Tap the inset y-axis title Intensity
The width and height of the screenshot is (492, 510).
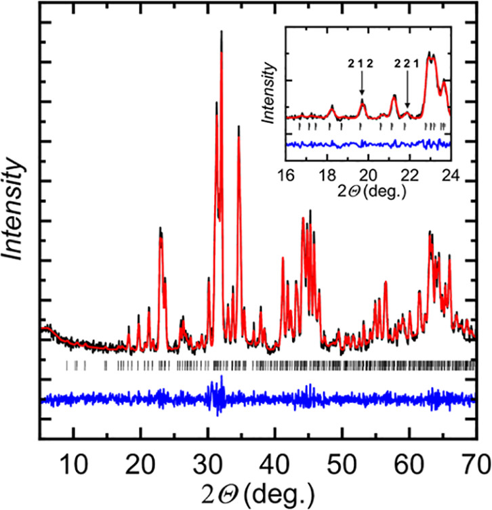[270, 93]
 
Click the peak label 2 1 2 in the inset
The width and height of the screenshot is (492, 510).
[362, 64]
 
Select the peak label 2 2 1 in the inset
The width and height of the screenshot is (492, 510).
[408, 64]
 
